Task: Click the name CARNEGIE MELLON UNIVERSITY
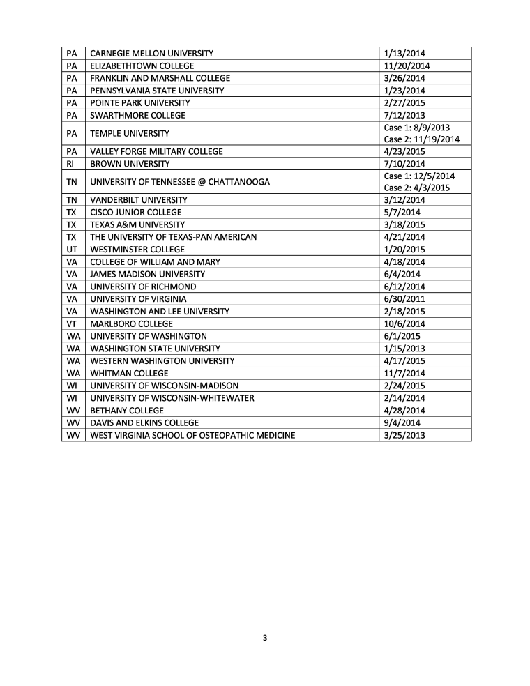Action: (x=152, y=54)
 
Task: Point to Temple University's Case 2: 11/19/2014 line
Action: (x=421, y=139)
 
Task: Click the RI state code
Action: (x=73, y=164)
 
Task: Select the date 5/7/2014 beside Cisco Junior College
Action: (x=400, y=212)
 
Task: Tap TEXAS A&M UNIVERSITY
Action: (x=138, y=224)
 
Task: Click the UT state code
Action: (x=73, y=249)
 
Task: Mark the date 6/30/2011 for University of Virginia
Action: (x=405, y=299)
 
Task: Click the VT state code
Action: (x=73, y=323)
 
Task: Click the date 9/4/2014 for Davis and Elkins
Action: (x=400, y=422)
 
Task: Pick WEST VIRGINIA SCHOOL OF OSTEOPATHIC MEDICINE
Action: (x=192, y=436)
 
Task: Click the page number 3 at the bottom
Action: (x=265, y=638)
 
